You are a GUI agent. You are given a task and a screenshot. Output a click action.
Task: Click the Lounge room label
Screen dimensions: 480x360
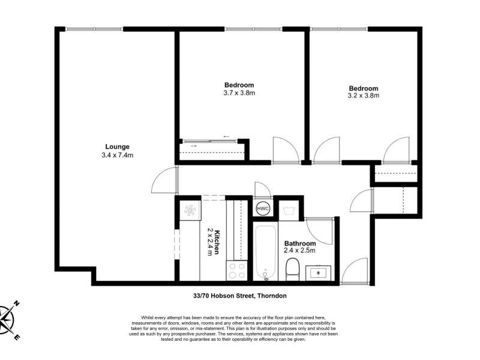(117, 147)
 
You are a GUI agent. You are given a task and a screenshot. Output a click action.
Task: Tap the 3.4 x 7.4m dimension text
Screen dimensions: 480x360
(117, 155)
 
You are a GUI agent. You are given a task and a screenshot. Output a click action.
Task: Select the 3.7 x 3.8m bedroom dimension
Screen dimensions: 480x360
(239, 93)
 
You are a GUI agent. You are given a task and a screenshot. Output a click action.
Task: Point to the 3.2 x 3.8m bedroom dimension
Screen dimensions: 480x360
(364, 95)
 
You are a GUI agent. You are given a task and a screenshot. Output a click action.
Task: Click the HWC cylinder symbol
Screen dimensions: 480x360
(263, 209)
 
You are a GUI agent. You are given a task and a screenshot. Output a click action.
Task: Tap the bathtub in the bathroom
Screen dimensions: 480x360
(265, 253)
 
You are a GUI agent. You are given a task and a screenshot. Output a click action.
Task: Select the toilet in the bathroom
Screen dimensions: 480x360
(292, 269)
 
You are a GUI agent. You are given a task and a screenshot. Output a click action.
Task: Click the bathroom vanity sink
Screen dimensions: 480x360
(319, 273)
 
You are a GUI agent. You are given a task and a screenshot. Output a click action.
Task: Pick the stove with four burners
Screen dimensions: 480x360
(236, 271)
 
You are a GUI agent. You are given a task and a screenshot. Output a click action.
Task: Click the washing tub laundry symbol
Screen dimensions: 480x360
(289, 211)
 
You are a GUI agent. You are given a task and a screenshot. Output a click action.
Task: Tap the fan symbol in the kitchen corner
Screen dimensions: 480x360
(190, 211)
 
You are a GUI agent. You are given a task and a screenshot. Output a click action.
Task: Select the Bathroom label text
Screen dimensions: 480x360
(300, 244)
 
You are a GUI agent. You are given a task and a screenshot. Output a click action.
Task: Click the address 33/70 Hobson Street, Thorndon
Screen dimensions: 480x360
(240, 296)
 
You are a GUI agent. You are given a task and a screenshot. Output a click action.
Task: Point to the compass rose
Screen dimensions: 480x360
(7, 320)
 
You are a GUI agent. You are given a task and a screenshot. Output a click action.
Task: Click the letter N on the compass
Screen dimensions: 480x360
(17, 304)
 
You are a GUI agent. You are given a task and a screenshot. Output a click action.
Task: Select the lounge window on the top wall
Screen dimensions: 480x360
(94, 29)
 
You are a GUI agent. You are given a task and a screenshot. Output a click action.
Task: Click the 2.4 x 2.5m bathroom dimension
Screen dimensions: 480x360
(299, 251)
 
